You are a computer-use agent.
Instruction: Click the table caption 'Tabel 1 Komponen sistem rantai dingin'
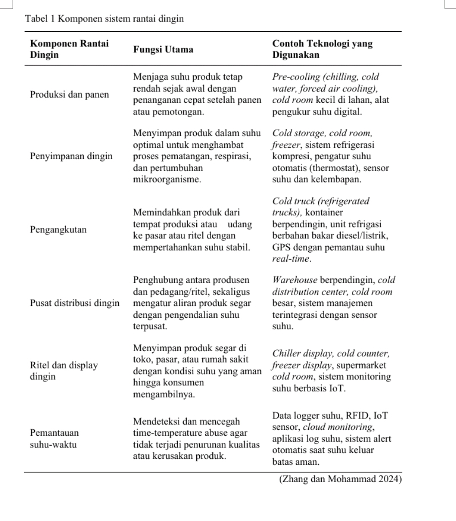point(104,19)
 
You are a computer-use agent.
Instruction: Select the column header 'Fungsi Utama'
point(163,49)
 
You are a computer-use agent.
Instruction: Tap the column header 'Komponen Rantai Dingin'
point(69,49)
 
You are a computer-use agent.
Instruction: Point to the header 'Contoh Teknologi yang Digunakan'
point(322,49)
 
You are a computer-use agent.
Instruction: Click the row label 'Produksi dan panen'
point(69,94)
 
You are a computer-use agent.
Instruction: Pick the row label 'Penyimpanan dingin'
point(71,156)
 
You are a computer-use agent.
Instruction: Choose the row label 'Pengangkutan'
point(58,230)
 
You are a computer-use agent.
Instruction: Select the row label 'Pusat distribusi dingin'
point(74,303)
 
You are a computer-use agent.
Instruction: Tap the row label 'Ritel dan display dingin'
point(63,371)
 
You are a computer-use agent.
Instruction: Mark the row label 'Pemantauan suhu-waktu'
point(54,439)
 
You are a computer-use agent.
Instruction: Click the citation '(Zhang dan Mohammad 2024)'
point(340,479)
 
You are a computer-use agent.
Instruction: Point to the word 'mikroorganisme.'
point(167,180)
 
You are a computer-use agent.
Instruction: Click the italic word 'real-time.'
point(291,259)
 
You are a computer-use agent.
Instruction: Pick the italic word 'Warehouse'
point(294,280)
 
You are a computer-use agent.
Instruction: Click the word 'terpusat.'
point(150,327)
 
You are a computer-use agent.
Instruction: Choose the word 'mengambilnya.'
point(164,395)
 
